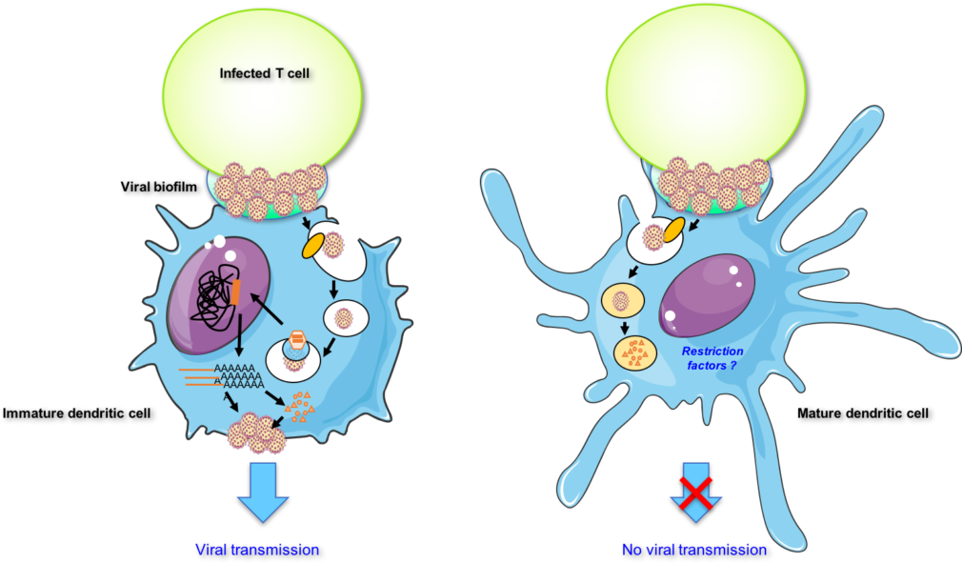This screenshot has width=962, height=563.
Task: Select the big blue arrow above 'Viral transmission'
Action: [x=263, y=492]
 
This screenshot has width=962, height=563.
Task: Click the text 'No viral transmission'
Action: [x=693, y=550]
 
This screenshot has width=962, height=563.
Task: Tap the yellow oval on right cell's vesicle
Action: [x=672, y=230]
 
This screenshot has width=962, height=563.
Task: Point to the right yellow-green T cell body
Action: [x=707, y=81]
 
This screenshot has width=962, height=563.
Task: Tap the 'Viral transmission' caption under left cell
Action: [x=257, y=550]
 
